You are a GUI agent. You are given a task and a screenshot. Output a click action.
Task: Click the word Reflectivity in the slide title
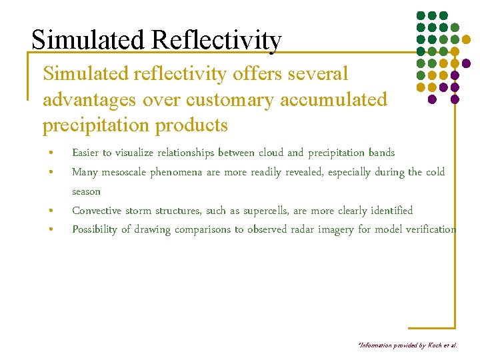[216, 41]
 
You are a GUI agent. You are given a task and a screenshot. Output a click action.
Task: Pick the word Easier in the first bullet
[86, 153]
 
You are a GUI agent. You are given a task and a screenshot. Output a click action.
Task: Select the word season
[86, 191]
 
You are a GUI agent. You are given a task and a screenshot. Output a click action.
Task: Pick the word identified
[388, 211]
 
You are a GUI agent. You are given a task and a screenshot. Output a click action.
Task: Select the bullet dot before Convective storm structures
[51, 211]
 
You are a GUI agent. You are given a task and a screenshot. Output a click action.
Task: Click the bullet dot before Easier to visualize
[51, 153]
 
